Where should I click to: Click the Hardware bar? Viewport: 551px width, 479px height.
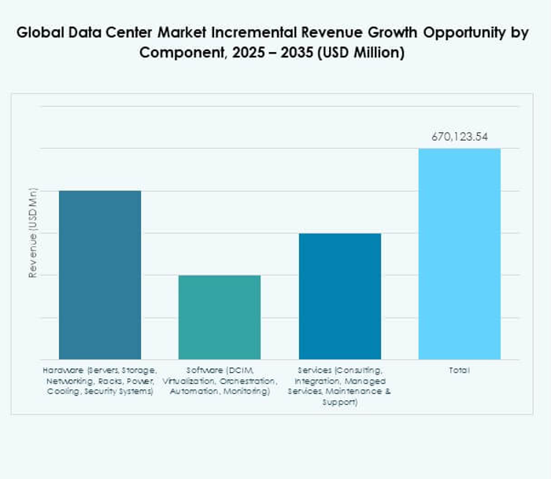coord(100,275)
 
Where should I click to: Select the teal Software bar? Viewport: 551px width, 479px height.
coord(220,317)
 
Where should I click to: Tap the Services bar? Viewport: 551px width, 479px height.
coord(339,296)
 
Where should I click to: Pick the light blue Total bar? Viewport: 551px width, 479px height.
coord(459,253)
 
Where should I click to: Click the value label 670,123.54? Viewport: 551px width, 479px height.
coord(459,137)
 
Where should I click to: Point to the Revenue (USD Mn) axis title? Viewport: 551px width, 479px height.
coord(33,233)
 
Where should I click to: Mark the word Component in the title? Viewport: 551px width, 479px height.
coord(177,53)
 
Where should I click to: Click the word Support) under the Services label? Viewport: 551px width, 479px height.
coord(339,403)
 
